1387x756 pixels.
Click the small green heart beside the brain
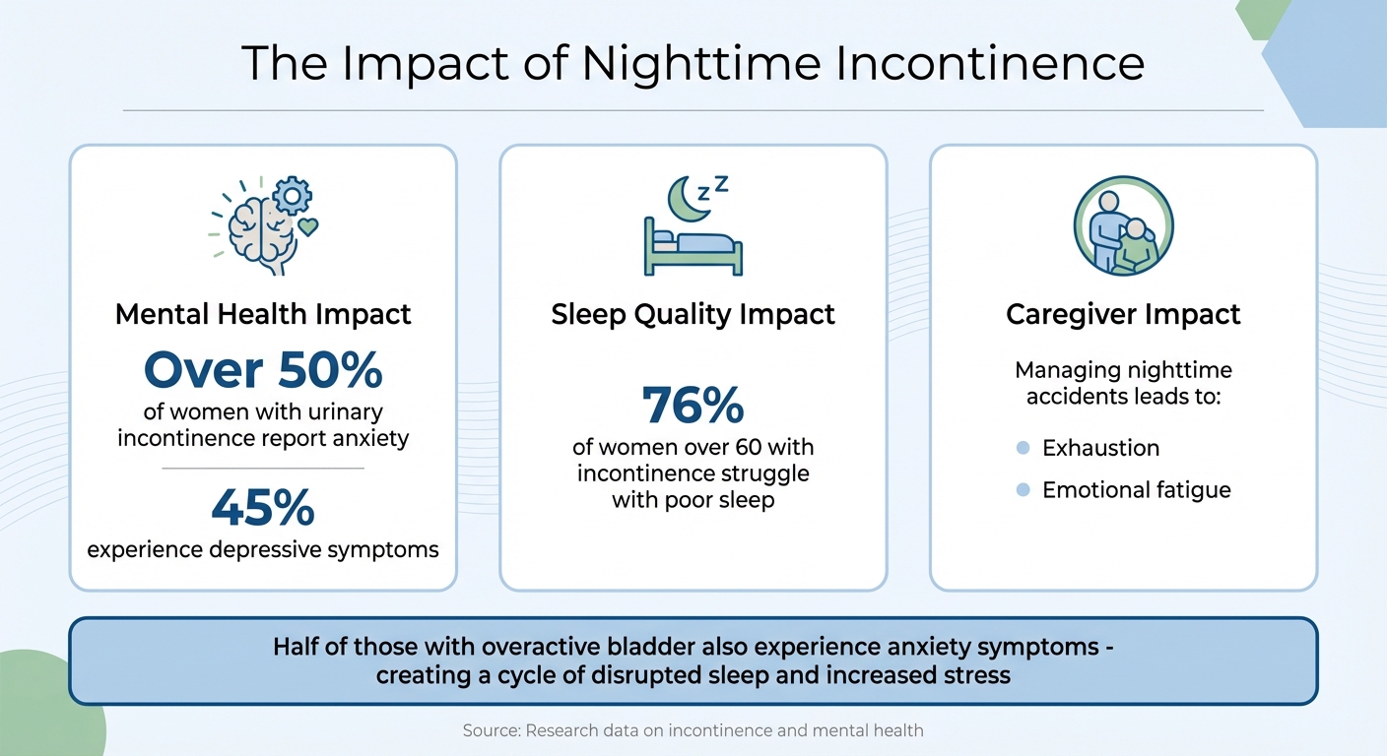(x=308, y=228)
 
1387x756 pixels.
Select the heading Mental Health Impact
(x=263, y=315)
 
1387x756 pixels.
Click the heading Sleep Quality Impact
(x=693, y=315)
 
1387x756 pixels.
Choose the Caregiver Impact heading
(x=1123, y=315)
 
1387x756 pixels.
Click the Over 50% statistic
(x=263, y=371)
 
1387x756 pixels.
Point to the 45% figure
(x=263, y=507)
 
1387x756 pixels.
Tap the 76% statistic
(x=693, y=405)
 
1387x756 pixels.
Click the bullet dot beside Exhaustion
(x=1023, y=448)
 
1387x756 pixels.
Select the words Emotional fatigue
(x=1136, y=489)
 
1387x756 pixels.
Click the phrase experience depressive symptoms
(x=263, y=549)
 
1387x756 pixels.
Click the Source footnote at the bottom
(x=693, y=730)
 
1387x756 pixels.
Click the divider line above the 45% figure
(x=263, y=469)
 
